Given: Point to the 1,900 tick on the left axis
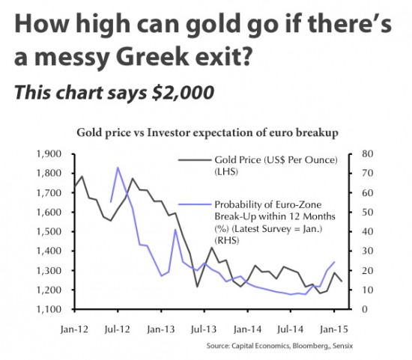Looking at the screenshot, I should (49, 154).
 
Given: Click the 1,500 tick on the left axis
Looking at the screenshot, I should (49, 231).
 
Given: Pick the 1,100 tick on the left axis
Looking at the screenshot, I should (49, 309).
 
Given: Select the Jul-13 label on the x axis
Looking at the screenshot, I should (205, 328).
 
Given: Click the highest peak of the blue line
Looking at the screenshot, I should (118, 167).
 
